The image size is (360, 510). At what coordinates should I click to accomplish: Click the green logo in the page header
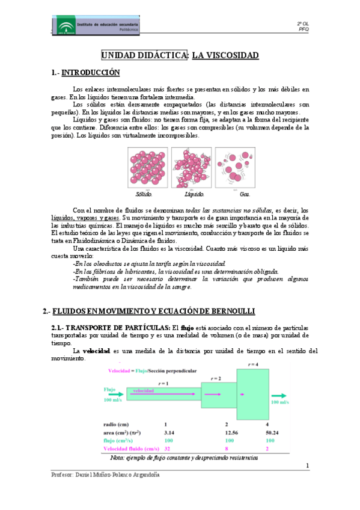[63, 25]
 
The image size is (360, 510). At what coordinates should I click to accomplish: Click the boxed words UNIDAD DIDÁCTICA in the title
[144, 55]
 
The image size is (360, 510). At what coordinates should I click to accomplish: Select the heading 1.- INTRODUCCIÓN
[86, 73]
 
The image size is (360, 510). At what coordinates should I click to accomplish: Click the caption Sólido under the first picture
[144, 194]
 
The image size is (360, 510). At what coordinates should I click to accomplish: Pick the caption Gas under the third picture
[245, 194]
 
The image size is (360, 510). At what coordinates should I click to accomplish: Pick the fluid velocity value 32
[168, 449]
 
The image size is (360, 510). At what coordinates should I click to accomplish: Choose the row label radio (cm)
[120, 423]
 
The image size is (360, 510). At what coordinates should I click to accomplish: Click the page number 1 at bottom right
[307, 465]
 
